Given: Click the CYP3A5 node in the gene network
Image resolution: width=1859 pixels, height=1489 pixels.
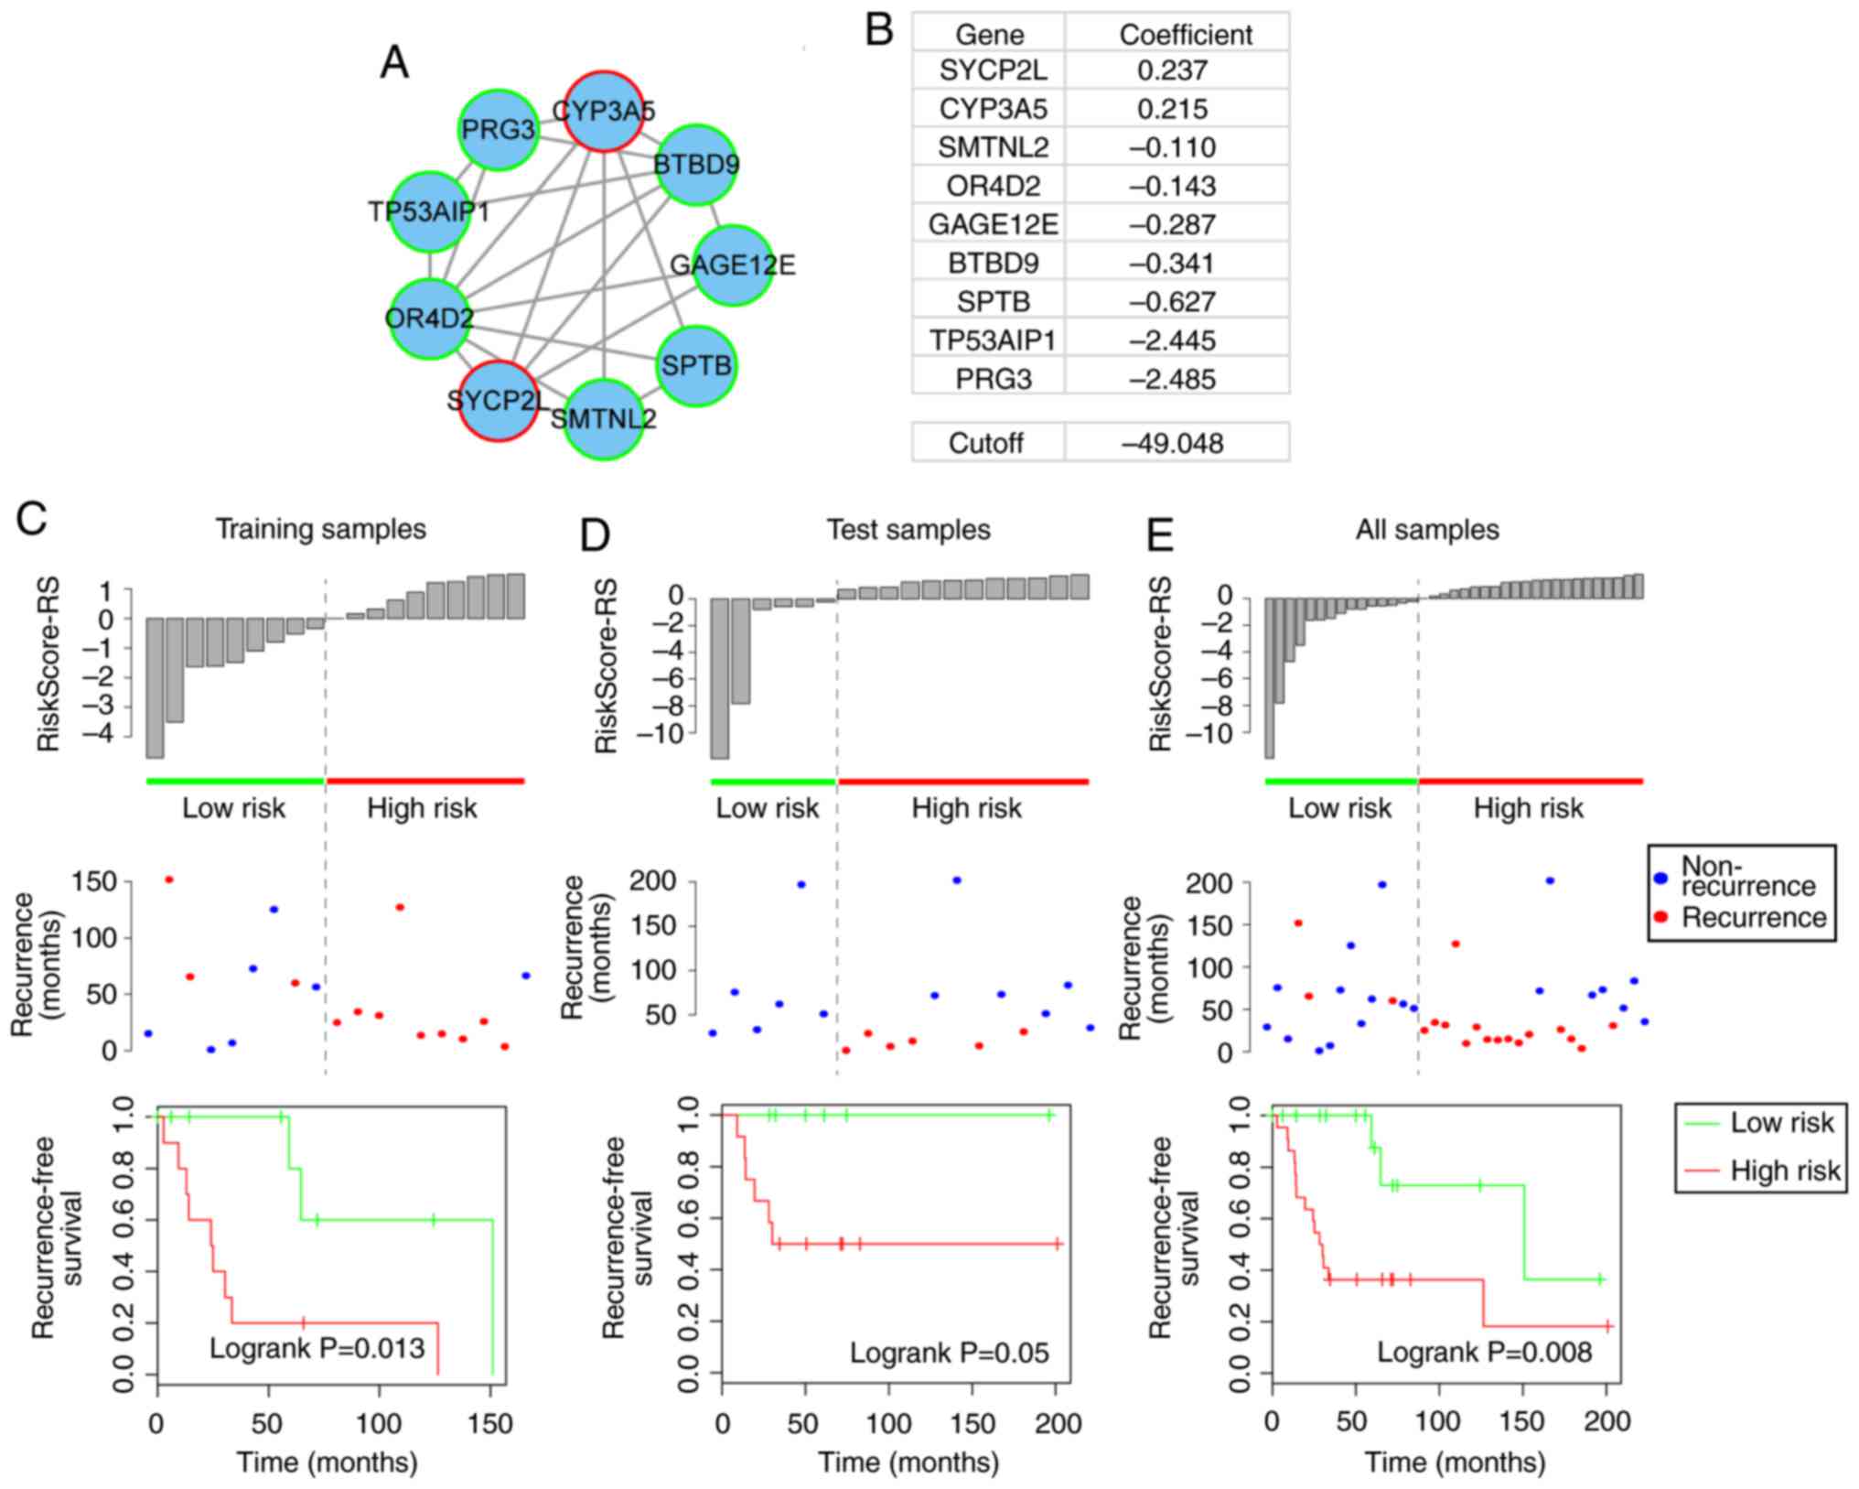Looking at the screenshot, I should pyautogui.click(x=602, y=111).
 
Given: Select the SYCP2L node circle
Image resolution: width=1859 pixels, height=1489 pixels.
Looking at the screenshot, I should pyautogui.click(x=498, y=400).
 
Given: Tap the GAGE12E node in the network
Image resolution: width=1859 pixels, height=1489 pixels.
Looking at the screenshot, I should pyautogui.click(x=733, y=265).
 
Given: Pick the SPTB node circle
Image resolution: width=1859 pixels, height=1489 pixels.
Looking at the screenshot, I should pyautogui.click(x=696, y=366).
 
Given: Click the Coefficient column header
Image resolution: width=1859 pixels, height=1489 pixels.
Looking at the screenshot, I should pyautogui.click(x=1186, y=35).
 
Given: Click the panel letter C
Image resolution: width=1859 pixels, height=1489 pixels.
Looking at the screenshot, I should pyautogui.click(x=32, y=520).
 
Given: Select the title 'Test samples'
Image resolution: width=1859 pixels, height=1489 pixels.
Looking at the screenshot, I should pyautogui.click(x=908, y=530).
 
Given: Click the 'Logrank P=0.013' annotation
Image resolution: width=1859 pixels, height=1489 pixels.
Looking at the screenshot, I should pyautogui.click(x=317, y=1347).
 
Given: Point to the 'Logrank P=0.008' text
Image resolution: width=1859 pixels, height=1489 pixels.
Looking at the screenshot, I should pyautogui.click(x=1485, y=1352).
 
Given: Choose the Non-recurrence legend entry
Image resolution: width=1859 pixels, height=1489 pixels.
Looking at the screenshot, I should pyautogui.click(x=1747, y=876).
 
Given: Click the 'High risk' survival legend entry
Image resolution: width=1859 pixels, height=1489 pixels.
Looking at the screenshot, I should pyautogui.click(x=1784, y=1170).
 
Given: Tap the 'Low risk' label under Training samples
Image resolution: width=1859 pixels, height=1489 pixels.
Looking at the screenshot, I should pyautogui.click(x=233, y=808).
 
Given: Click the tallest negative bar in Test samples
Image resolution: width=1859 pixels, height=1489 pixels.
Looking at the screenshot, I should pyautogui.click(x=720, y=677).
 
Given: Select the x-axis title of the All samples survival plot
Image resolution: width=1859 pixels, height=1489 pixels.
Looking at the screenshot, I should pyautogui.click(x=1455, y=1462).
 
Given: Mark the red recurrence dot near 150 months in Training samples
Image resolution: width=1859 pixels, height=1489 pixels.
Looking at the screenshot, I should pyautogui.click(x=168, y=879).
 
